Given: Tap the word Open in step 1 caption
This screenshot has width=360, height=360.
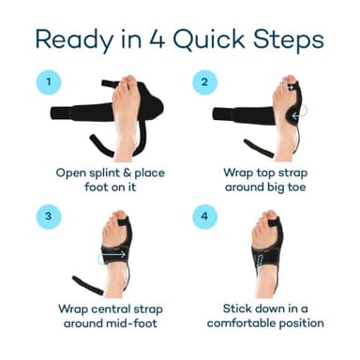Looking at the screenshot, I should tap(67, 173).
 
